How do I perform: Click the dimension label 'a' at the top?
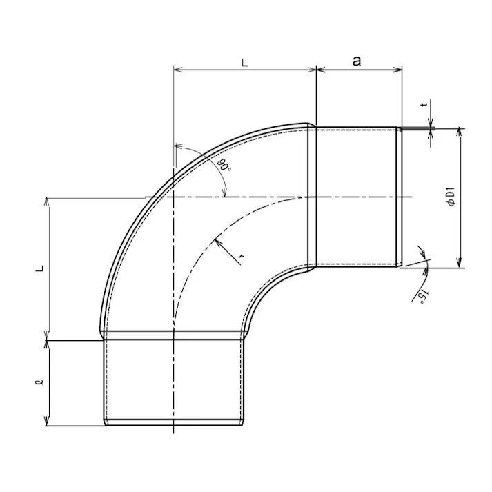tap(357, 61)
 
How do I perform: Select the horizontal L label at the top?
tap(245, 63)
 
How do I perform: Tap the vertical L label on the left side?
tap(41, 268)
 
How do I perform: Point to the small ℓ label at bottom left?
tap(40, 382)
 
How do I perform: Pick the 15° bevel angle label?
tap(423, 297)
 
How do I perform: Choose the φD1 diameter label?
tap(451, 197)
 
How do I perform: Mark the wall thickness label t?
tap(424, 104)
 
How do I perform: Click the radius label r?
tap(241, 257)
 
